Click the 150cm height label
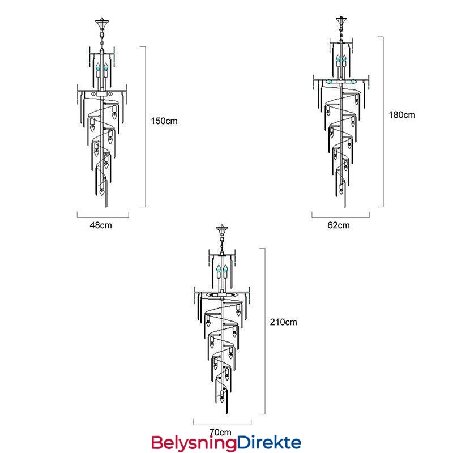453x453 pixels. point(164,121)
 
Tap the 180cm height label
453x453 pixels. point(402,115)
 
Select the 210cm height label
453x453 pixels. point(284,322)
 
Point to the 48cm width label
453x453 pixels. point(101,225)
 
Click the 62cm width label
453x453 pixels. point(338,225)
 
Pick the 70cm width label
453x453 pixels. point(220,433)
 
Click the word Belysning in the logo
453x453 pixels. point(194,443)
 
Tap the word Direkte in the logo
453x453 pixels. point(270,443)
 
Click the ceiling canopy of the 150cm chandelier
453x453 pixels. point(102,22)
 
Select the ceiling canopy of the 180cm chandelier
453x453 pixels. point(341,20)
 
